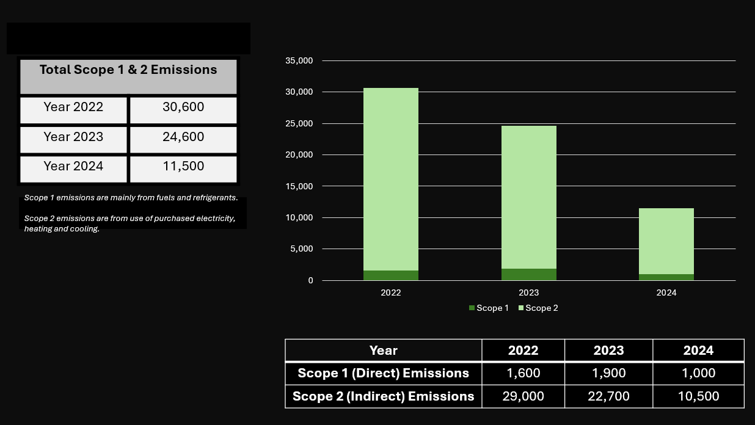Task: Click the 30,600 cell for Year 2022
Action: point(183,107)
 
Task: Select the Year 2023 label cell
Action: point(73,137)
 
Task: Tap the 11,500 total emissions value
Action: point(183,167)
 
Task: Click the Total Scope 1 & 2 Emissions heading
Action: point(128,70)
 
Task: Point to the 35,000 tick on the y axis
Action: point(299,61)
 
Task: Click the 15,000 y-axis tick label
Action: point(299,186)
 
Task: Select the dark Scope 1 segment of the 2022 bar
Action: point(391,275)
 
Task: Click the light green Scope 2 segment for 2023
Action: point(529,195)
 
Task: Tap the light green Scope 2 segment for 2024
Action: point(666,241)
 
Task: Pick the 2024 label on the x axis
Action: point(666,293)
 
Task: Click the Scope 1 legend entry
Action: point(489,308)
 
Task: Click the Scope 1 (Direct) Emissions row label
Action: point(383,373)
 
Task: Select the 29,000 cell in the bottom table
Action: point(523,396)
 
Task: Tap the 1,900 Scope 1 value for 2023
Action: point(608,373)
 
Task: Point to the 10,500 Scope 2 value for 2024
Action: point(698,396)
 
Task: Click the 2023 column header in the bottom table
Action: point(608,351)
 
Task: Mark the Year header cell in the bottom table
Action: point(383,351)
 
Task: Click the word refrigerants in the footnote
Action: point(214,198)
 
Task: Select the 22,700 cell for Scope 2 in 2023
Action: point(608,396)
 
